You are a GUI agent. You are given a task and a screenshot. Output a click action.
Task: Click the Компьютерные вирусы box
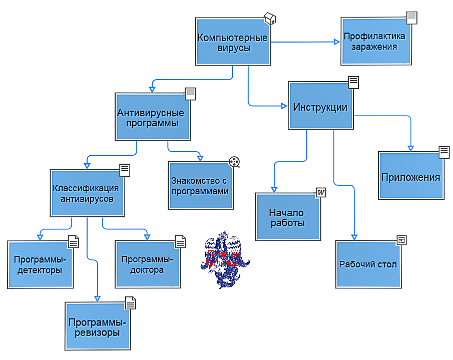(233, 43)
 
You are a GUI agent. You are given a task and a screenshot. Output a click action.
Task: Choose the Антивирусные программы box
(152, 117)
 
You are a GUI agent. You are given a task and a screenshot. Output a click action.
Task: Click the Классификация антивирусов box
(87, 193)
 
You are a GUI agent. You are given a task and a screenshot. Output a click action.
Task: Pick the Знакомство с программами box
(200, 185)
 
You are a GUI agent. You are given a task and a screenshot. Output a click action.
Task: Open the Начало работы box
(287, 217)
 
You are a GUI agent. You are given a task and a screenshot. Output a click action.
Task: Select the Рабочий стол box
(368, 264)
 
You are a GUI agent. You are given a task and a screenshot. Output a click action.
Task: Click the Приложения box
(410, 177)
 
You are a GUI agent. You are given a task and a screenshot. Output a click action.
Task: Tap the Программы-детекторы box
(40, 264)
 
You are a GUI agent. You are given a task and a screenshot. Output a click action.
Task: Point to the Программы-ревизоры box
(98, 326)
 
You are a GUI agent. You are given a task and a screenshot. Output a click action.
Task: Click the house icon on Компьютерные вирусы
(270, 19)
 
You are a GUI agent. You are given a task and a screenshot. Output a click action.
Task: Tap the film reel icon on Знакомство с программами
(235, 162)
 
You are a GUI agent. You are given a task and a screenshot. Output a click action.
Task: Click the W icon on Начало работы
(321, 193)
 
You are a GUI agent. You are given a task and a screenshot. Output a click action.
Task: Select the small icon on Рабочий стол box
(401, 240)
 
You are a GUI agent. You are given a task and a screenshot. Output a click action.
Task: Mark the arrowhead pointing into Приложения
(410, 148)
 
